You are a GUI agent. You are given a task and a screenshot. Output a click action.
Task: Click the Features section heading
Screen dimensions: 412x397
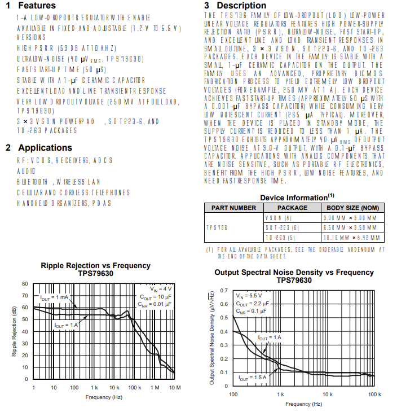pyautogui.click(x=30, y=6)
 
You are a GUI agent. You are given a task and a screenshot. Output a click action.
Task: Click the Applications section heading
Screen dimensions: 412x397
pyautogui.click(x=39, y=148)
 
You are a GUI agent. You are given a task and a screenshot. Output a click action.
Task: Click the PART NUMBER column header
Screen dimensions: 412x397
pyautogui.click(x=233, y=208)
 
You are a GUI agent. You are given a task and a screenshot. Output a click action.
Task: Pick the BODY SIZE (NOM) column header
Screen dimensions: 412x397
pyautogui.click(x=351, y=208)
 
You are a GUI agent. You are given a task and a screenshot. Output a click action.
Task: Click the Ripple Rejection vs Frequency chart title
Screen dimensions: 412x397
pyautogui.click(x=95, y=265)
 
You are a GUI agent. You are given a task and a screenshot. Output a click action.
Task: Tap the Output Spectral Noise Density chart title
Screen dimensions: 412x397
pyautogui.click(x=294, y=273)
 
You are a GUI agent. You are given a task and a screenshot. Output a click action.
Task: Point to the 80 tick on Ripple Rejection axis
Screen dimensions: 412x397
pyautogui.click(x=25, y=284)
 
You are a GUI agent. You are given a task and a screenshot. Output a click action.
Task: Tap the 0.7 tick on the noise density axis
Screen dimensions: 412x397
pyautogui.click(x=224, y=291)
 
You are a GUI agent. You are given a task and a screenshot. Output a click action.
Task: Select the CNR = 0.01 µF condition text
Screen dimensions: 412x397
pyautogui.click(x=154, y=304)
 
